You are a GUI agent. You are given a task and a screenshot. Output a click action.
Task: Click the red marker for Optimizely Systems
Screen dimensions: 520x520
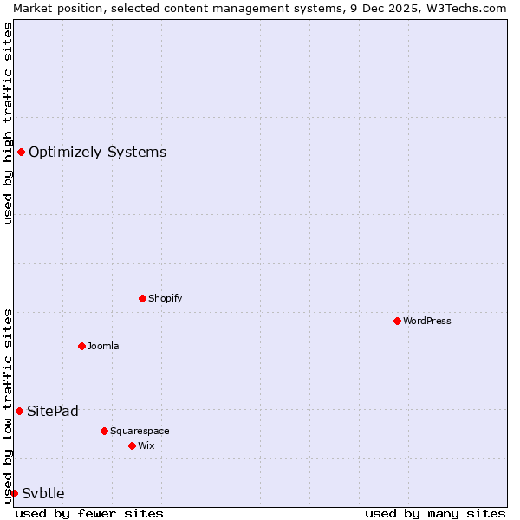(21, 153)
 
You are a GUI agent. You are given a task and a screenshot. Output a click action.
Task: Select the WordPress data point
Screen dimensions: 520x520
(397, 321)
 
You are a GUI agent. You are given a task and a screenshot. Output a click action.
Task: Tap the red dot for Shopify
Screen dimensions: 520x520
(142, 298)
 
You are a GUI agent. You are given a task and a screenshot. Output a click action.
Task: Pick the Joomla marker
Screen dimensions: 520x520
(81, 346)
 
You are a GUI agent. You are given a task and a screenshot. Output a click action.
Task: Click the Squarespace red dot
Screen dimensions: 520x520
(104, 431)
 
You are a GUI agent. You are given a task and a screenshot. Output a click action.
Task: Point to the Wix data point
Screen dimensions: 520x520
(132, 445)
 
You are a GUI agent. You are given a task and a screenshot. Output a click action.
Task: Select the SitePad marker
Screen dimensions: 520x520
(19, 411)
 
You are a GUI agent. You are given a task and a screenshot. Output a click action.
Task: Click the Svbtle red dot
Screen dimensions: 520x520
(14, 493)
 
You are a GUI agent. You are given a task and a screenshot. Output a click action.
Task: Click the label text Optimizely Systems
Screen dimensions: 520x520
(97, 153)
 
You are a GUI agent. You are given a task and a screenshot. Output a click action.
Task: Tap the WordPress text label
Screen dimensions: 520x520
(427, 321)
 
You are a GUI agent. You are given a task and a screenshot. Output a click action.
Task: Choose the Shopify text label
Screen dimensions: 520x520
(165, 298)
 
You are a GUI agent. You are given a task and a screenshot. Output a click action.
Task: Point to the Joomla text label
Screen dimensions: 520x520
(103, 346)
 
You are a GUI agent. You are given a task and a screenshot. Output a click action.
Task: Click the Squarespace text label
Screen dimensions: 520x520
(140, 431)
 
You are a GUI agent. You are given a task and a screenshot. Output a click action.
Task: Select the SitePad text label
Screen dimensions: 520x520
(52, 411)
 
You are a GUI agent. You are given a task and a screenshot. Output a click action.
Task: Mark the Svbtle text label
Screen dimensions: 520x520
(43, 493)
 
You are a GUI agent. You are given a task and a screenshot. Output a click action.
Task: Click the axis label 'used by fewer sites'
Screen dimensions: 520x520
(89, 513)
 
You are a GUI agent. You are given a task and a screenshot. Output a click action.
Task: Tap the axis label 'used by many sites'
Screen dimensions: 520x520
(435, 513)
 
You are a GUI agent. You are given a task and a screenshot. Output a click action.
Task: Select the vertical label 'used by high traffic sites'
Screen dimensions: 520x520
(8, 123)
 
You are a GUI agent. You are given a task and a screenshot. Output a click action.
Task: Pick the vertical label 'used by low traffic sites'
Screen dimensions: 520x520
(8, 405)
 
